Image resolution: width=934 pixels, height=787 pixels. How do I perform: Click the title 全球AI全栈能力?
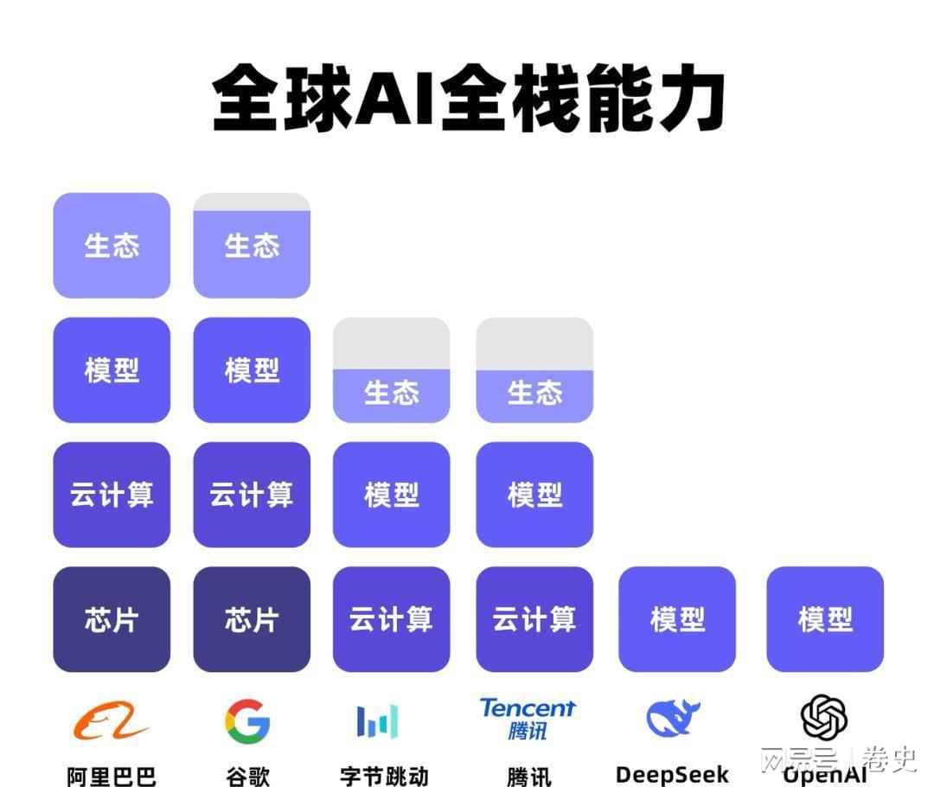pos(468,97)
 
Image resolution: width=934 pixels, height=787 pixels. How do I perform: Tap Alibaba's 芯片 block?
pos(112,619)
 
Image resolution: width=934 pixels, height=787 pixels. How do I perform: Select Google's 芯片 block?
pos(252,619)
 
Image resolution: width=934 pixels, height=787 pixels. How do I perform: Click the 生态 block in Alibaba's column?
pos(112,246)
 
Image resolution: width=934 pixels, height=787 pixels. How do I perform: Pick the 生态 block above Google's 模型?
pos(252,246)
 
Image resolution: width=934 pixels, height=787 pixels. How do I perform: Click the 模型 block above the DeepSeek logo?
pos(677,619)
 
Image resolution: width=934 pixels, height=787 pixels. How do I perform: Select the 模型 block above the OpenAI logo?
pos(825,619)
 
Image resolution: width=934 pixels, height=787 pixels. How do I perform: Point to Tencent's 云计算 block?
pos(534,619)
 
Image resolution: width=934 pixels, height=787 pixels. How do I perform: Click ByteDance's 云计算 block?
pos(392,619)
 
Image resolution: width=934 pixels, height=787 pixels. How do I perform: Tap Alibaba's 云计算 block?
pos(112,495)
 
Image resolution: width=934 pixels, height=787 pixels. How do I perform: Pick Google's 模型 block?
pos(252,370)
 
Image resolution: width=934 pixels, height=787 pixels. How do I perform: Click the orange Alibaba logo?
pos(111,720)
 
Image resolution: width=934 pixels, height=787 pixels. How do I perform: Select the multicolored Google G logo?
pos(247,720)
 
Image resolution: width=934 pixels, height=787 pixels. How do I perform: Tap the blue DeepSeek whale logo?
pos(673,719)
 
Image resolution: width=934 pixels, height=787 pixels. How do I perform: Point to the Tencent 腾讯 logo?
pos(528,719)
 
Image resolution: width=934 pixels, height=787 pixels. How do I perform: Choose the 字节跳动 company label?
pos(384,775)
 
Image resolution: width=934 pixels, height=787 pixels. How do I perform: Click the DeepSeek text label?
pos(672,774)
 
